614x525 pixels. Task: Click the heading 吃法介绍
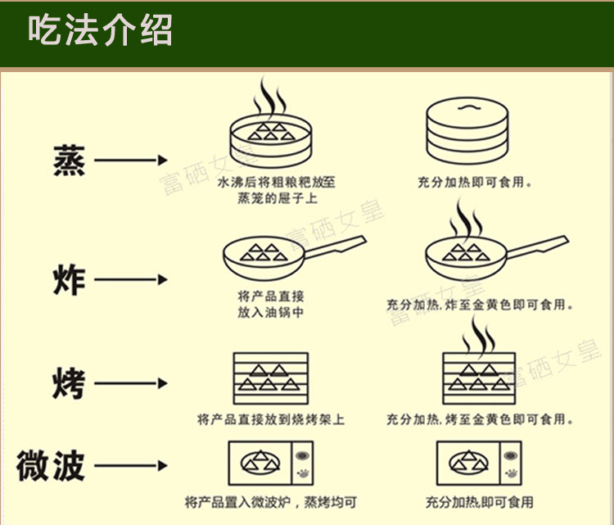click(100, 32)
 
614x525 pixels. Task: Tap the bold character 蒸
click(68, 161)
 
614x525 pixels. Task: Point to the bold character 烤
click(68, 383)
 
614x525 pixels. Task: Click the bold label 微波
click(51, 466)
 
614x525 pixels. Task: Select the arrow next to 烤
click(131, 383)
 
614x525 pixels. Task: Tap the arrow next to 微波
click(131, 467)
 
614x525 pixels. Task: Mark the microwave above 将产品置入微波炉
click(271, 465)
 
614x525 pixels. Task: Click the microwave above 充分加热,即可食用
click(479, 465)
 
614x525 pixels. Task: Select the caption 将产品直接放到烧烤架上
click(270, 420)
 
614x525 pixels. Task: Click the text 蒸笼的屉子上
click(270, 199)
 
